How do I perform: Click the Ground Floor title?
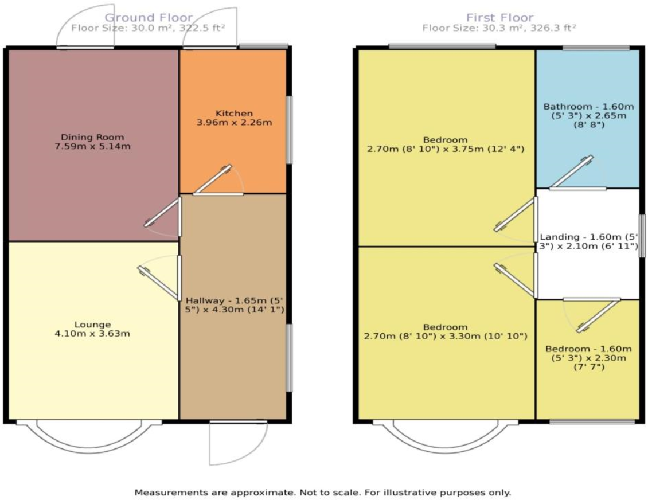pos(149,18)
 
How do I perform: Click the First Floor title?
pos(499,18)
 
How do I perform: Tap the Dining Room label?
pos(92,137)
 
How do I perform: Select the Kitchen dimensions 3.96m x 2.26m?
pos(233,122)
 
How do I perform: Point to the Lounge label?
pos(92,325)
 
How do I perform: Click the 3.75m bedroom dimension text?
pos(445,149)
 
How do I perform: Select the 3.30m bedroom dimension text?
pos(445,337)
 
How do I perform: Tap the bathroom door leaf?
pos(571,172)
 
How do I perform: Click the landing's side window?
pos(642,236)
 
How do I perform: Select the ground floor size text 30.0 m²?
pos(149,28)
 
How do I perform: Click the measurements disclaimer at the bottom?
pos(323,492)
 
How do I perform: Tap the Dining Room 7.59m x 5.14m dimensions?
pos(92,147)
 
